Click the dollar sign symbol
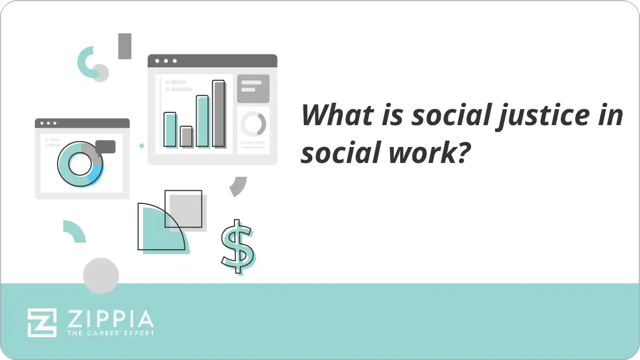(x=237, y=246)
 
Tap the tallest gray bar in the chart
(x=218, y=113)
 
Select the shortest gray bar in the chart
(x=186, y=136)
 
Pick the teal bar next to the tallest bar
(x=202, y=121)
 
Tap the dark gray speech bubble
(x=106, y=146)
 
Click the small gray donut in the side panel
(x=253, y=124)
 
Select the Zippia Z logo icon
(x=42, y=322)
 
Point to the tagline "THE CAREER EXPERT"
(x=110, y=333)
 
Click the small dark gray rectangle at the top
(x=125, y=46)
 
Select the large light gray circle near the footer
(x=101, y=275)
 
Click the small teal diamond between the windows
(x=142, y=145)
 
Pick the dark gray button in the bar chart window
(x=253, y=88)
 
